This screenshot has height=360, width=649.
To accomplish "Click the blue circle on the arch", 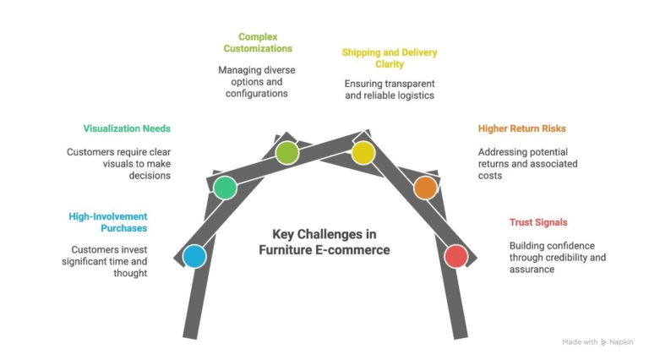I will (x=194, y=256).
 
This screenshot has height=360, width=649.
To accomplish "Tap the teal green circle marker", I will (x=224, y=188).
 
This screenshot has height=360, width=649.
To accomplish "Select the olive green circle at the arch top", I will (x=287, y=153).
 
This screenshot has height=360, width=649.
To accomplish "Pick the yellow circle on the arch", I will (x=363, y=153).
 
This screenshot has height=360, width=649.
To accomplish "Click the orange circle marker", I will (x=426, y=188).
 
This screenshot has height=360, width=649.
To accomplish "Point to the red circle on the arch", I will (x=455, y=256).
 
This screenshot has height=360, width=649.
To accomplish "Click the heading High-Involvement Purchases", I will (x=108, y=222).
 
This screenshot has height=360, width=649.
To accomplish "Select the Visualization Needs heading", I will (x=127, y=128).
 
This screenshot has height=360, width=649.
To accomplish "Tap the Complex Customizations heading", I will (x=258, y=42).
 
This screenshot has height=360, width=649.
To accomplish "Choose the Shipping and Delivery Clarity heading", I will (x=390, y=57).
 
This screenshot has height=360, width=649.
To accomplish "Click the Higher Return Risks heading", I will (x=521, y=128).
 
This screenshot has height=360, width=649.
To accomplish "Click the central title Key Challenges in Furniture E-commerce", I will (x=324, y=242).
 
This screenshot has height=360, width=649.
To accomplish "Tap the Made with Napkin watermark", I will (x=597, y=341).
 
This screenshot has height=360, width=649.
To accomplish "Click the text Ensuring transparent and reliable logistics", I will (x=390, y=90).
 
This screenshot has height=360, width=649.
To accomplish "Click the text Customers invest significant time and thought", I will (x=109, y=261).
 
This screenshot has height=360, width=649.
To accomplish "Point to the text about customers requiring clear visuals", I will (x=118, y=163).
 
